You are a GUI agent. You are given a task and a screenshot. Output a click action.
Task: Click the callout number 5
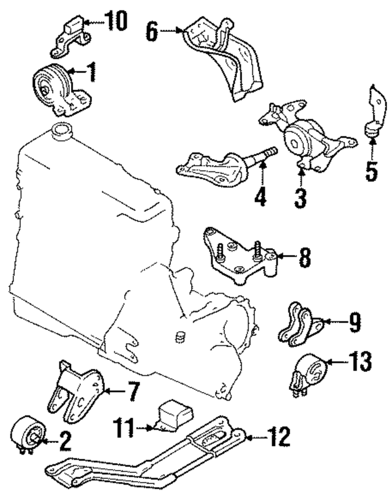(371, 171)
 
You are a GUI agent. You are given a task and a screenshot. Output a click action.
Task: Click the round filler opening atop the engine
(61, 130)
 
